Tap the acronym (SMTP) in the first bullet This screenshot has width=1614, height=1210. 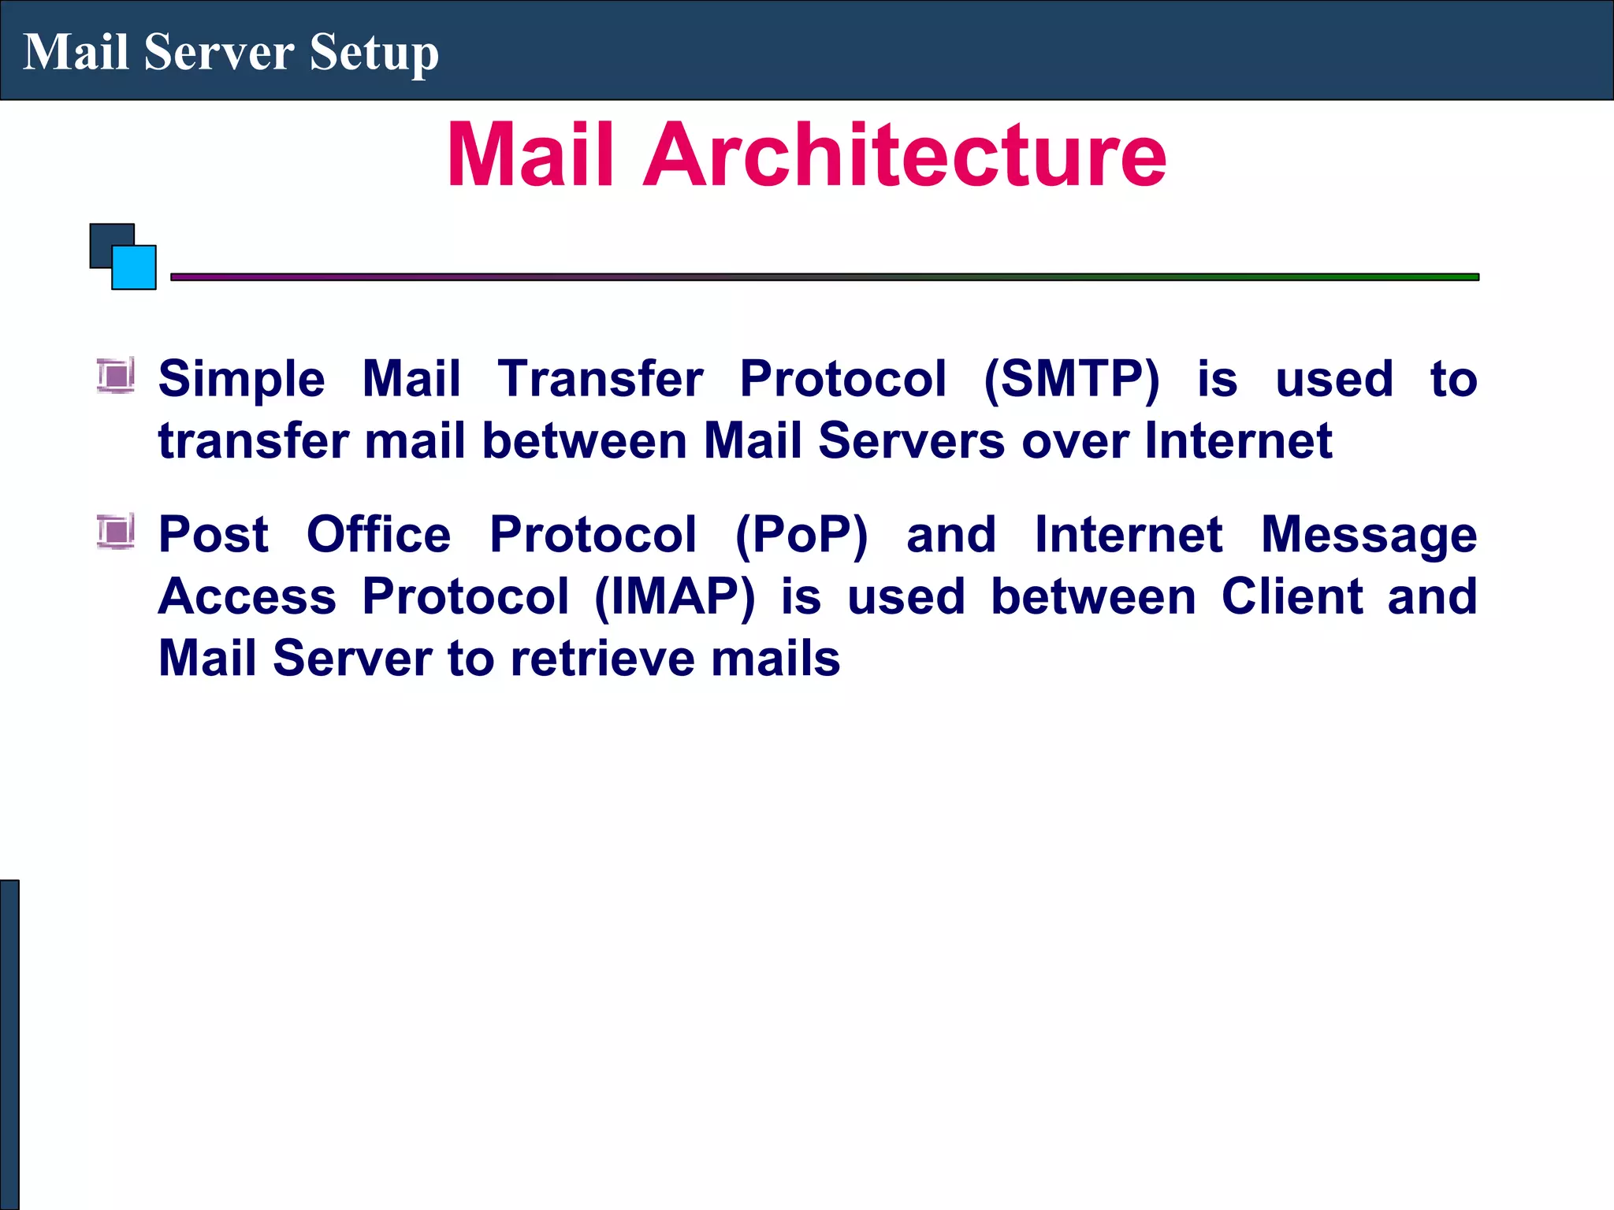point(1072,380)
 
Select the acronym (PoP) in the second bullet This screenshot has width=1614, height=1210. point(801,536)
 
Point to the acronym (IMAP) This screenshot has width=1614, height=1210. point(675,597)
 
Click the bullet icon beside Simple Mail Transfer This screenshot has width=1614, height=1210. point(116,375)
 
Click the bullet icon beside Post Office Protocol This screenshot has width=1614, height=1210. point(116,531)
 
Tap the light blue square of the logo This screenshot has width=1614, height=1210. point(135,269)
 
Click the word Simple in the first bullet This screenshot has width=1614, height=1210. point(241,380)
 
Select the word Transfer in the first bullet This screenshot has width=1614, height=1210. point(600,380)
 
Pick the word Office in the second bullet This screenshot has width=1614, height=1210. point(378,536)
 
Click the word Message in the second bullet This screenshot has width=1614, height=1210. point(1369,536)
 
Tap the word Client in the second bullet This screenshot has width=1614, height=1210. point(1292,597)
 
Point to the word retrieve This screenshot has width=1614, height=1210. point(603,659)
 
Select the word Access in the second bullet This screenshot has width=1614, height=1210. point(247,597)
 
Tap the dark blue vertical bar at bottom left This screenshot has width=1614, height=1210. point(9,1044)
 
